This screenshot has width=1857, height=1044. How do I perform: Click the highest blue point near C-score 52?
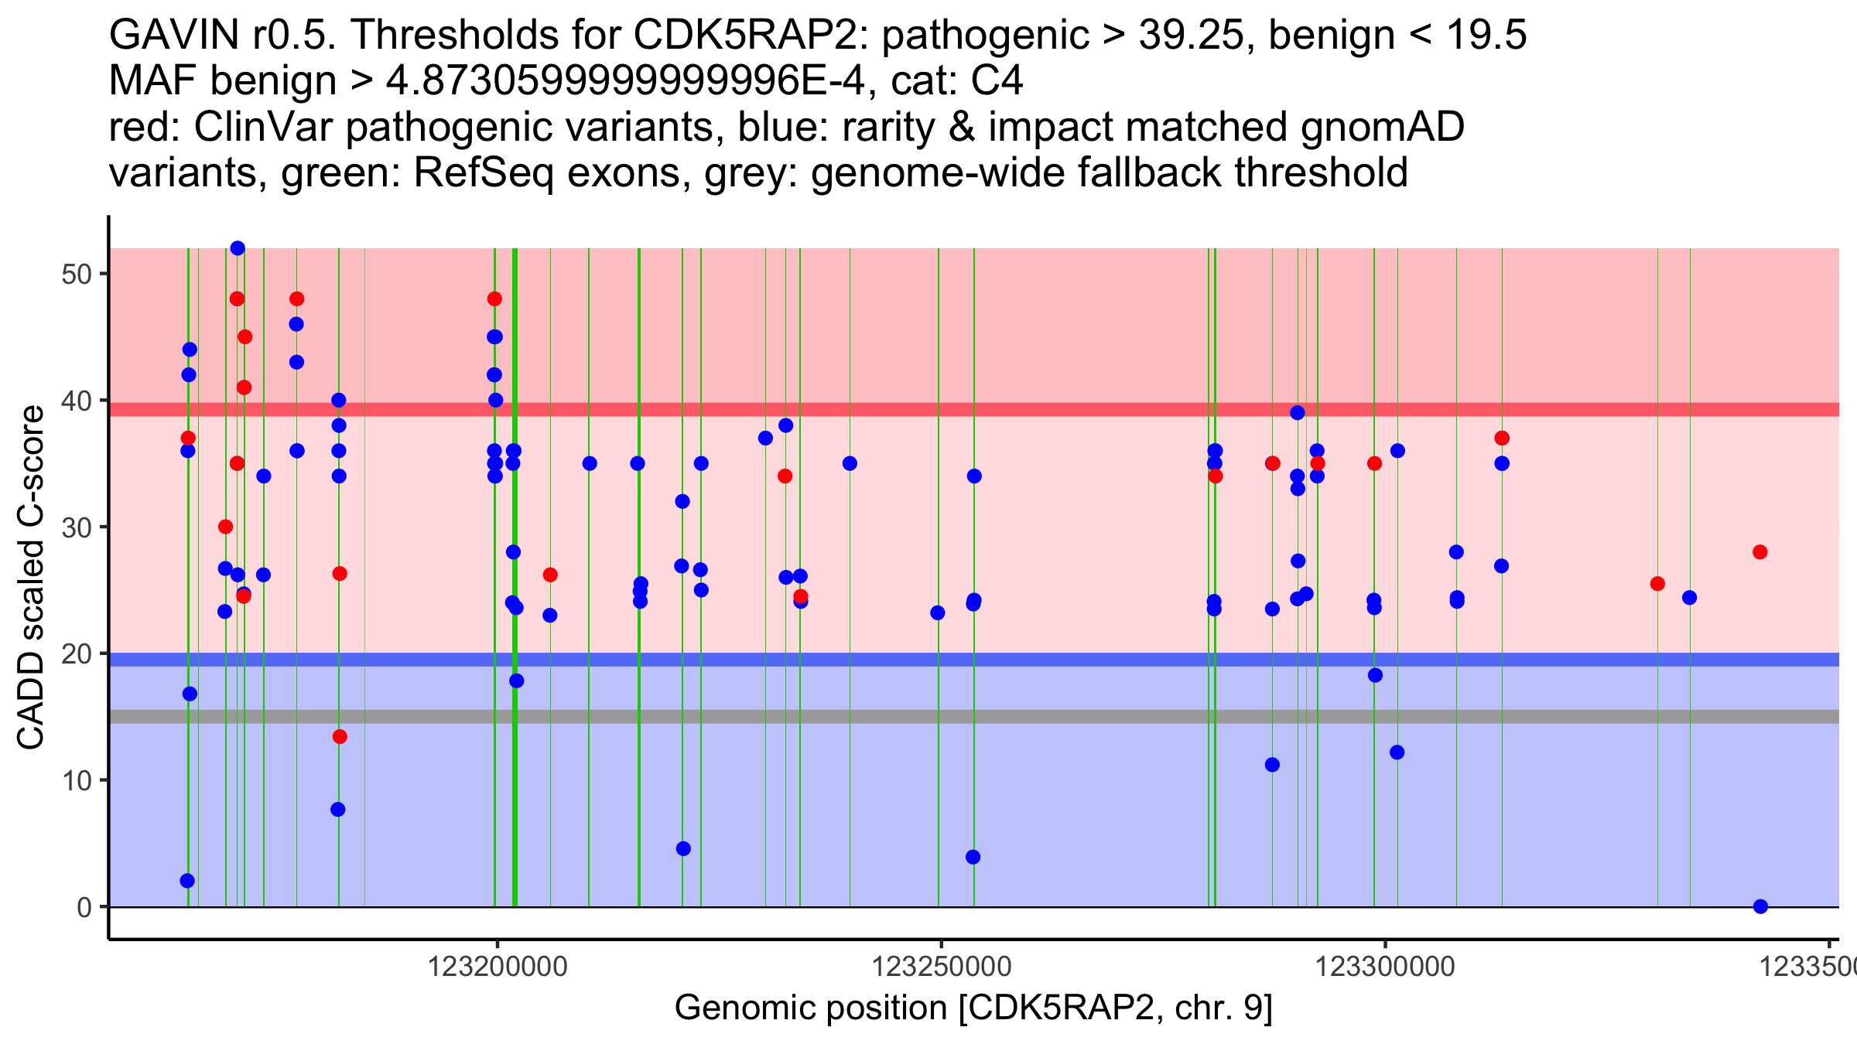click(238, 248)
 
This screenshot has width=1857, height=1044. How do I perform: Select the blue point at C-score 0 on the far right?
click(1760, 906)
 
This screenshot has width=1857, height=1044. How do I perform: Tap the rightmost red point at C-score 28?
click(1760, 552)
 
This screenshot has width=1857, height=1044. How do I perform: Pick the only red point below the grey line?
click(340, 737)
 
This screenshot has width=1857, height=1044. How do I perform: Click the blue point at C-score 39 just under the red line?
click(1298, 413)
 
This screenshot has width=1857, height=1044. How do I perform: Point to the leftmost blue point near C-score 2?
click(187, 881)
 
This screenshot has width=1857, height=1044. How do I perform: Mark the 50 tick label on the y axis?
click(77, 275)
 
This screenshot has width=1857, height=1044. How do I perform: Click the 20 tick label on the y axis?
click(77, 654)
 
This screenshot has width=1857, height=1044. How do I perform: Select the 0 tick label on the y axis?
click(84, 907)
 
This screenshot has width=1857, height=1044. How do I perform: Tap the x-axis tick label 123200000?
click(498, 967)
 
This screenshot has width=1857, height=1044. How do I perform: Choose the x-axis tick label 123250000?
click(942, 967)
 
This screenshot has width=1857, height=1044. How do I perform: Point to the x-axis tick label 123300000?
click(1385, 967)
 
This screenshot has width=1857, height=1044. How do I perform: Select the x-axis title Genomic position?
click(973, 1008)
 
